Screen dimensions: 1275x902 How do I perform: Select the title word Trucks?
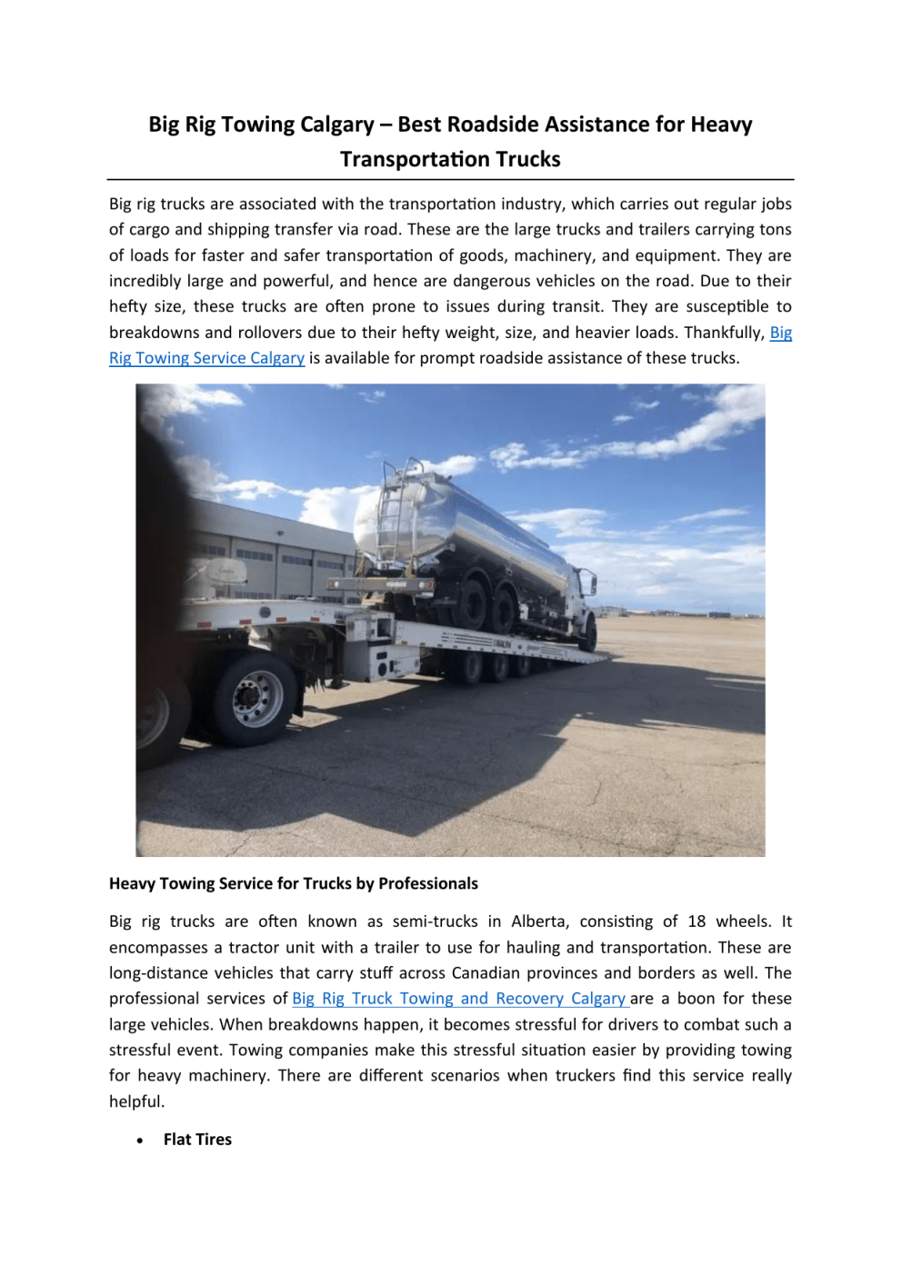[524, 159]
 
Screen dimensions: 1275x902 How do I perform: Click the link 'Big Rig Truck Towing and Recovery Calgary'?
[459, 999]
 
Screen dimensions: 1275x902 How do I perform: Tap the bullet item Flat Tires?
[197, 1140]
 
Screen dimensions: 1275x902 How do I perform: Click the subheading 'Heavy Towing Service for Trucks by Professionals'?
[293, 883]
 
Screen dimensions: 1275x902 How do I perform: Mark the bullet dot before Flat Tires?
[140, 1141]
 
